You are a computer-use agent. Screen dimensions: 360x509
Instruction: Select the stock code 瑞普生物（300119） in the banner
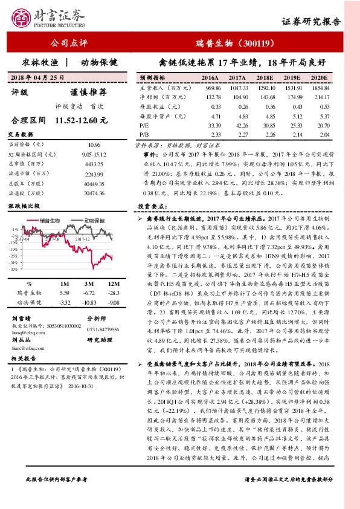point(228,44)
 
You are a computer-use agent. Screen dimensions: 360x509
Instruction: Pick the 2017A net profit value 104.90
point(237,97)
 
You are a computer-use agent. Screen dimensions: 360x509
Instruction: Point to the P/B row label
point(144,134)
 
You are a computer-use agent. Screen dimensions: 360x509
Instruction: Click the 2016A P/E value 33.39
point(211,125)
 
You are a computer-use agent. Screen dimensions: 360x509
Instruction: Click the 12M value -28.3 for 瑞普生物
point(113,293)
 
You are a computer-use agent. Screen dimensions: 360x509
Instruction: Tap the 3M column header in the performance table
point(89,284)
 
